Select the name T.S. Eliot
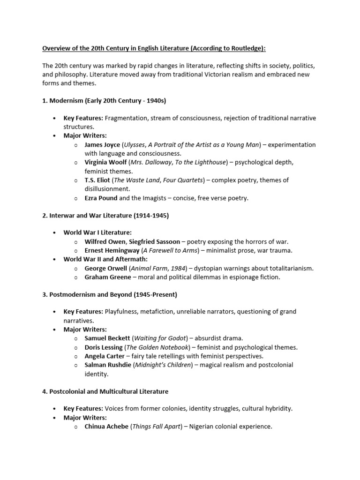click(97, 180)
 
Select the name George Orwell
click(105, 269)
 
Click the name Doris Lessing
click(104, 347)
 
